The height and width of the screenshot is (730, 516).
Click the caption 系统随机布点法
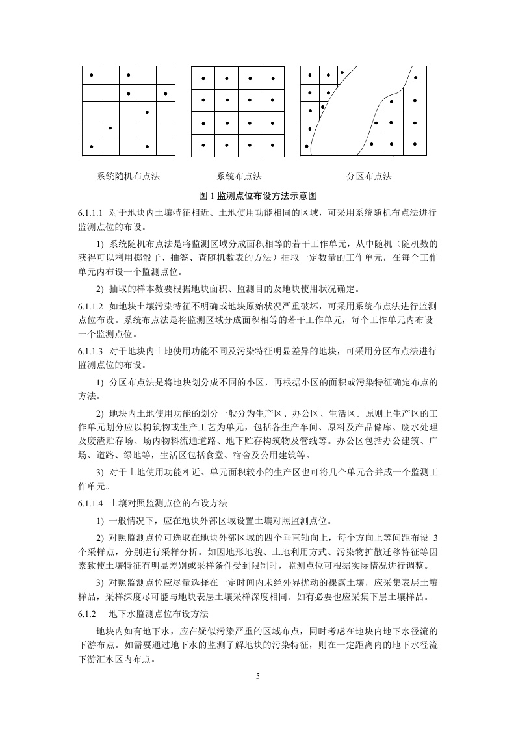pyautogui.click(x=128, y=176)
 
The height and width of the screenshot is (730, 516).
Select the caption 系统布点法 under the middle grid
pyautogui.click(x=239, y=176)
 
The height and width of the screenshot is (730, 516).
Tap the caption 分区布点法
pyautogui.click(x=369, y=176)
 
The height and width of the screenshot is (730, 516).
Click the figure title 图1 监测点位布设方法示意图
pyautogui.click(x=258, y=195)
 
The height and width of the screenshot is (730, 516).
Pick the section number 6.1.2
pyautogui.click(x=87, y=614)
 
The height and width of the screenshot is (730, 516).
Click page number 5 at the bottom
pyautogui.click(x=258, y=677)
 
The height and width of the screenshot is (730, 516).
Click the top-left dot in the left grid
pyautogui.click(x=92, y=75)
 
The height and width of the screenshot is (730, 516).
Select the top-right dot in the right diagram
pyautogui.click(x=415, y=79)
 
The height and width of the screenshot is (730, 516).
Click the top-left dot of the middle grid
pyautogui.click(x=203, y=79)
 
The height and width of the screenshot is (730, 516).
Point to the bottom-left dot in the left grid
pyautogui.click(x=92, y=147)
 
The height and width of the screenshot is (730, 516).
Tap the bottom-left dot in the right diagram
pyautogui.click(x=307, y=146)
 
